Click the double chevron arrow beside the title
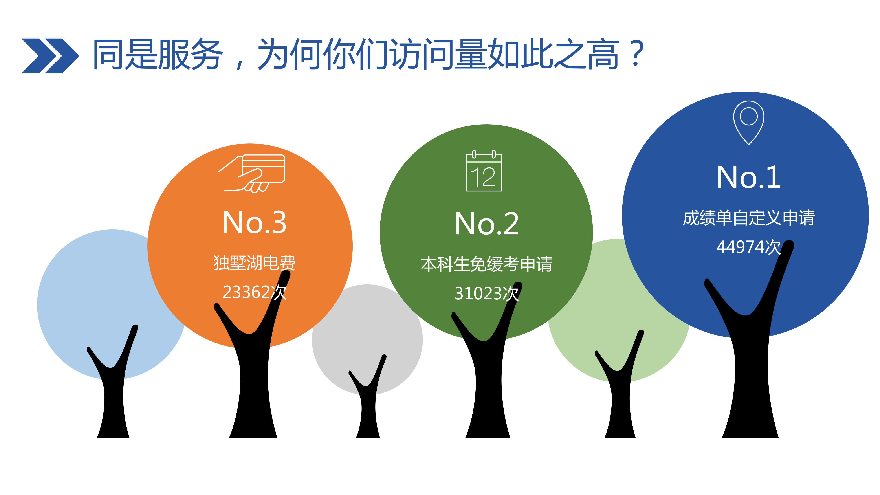tap(50, 56)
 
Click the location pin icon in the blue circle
tap(748, 123)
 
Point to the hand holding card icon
tap(252, 174)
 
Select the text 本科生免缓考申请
tap(486, 264)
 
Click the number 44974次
tap(748, 247)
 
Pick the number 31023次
tap(486, 293)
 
